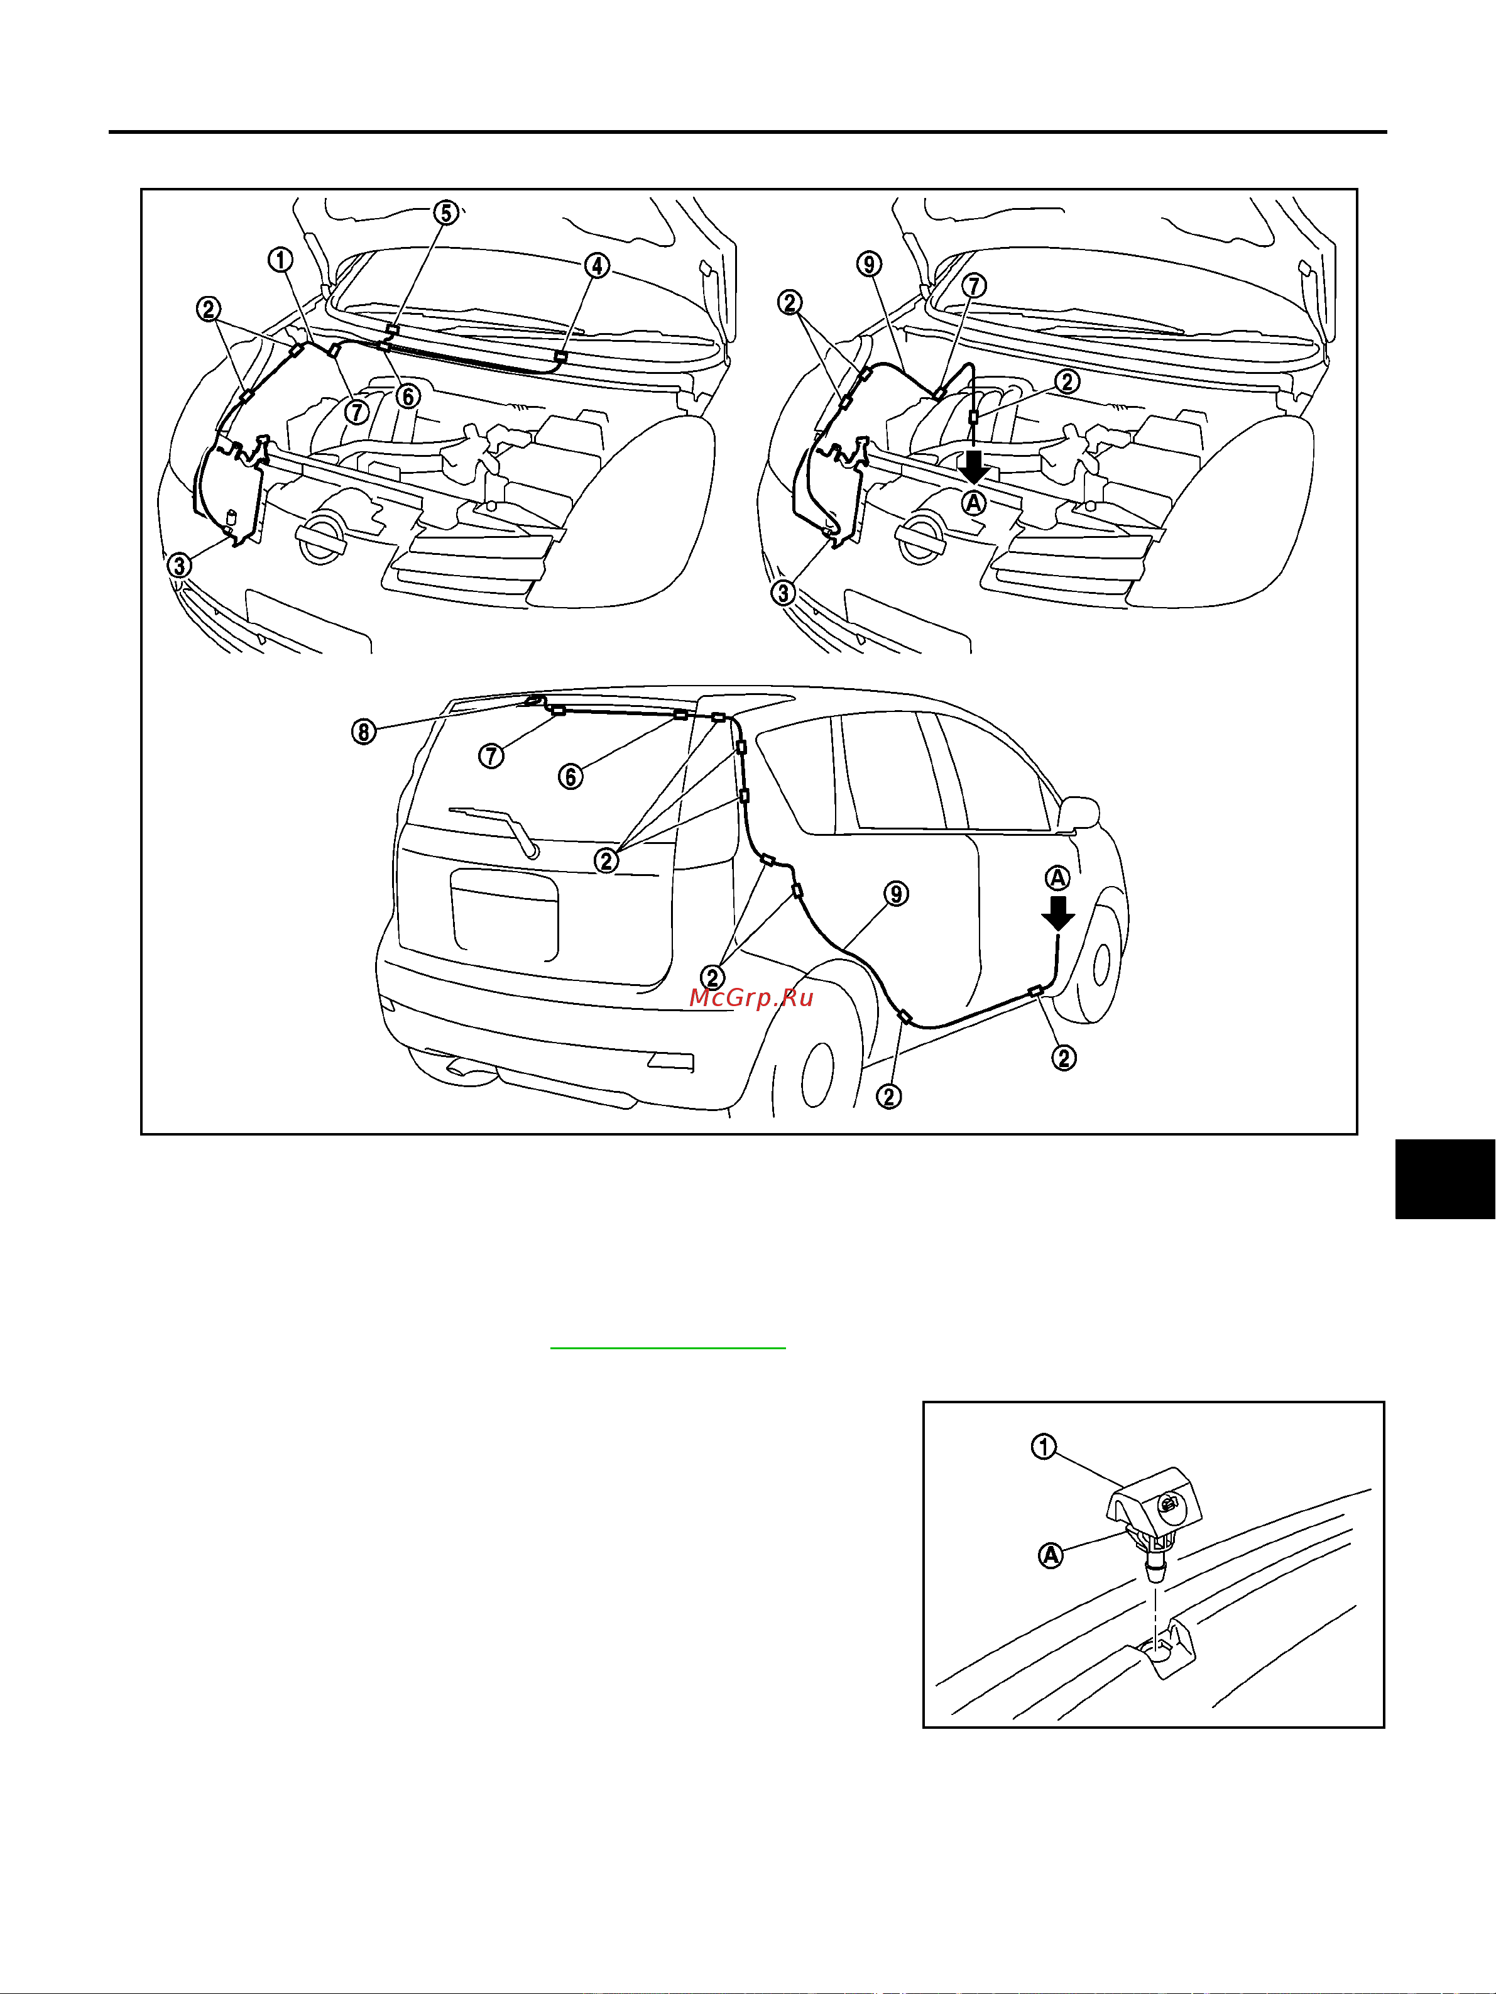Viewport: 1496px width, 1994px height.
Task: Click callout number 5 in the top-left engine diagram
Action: [x=446, y=213]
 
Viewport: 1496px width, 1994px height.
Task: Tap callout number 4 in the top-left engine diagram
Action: [x=597, y=266]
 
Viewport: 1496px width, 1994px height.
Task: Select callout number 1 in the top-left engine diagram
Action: [x=280, y=260]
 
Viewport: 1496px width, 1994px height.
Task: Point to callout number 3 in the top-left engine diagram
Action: [x=179, y=565]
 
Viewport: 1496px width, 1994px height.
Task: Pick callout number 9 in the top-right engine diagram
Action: [x=869, y=264]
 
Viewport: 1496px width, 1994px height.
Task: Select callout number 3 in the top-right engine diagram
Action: [x=783, y=593]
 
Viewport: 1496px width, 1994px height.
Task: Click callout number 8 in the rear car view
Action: [x=363, y=731]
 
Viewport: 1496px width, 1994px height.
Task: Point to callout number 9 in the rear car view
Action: [x=896, y=894]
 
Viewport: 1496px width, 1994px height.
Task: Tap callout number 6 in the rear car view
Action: [x=571, y=776]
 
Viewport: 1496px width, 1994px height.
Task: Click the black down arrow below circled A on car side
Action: [x=1058, y=912]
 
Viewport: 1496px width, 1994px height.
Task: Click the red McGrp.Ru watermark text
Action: [x=751, y=997]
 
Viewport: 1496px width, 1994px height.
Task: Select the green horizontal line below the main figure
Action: [x=668, y=1348]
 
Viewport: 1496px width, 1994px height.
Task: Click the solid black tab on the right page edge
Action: [x=1446, y=1179]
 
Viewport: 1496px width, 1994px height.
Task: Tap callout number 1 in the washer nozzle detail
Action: [x=1044, y=1447]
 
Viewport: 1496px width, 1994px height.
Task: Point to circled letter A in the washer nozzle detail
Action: [x=1051, y=1555]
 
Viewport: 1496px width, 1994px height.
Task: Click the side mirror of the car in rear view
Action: [x=1081, y=812]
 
